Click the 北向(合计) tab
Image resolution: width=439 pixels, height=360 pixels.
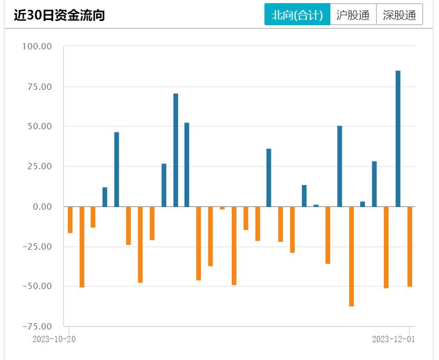click(x=297, y=15)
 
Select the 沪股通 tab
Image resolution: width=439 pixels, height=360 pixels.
click(x=353, y=15)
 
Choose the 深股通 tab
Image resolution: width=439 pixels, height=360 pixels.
click(x=400, y=15)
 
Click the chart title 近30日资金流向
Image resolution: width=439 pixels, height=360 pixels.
click(x=59, y=15)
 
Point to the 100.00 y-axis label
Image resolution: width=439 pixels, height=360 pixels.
click(x=36, y=46)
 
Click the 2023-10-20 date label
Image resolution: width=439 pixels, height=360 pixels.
click(x=54, y=339)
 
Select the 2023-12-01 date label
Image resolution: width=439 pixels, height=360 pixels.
click(x=394, y=339)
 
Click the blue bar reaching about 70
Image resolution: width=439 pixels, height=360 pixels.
click(x=176, y=150)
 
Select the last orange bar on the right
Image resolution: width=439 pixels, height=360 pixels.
click(x=410, y=246)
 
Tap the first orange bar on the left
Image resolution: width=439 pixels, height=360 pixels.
click(x=70, y=220)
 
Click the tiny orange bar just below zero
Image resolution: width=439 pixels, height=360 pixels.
click(x=222, y=208)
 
